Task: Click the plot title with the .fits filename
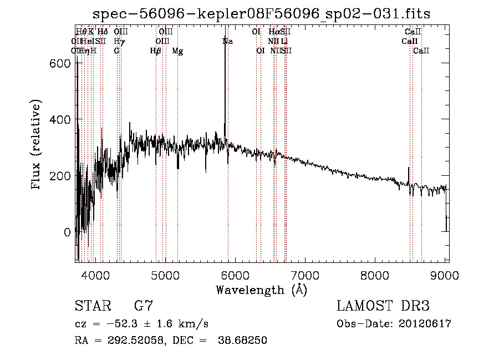click(x=261, y=13)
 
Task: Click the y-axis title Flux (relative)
click(x=37, y=145)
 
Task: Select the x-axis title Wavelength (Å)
click(x=261, y=290)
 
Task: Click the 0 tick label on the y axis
click(x=67, y=232)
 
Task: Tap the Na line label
click(x=227, y=41)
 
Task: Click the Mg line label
click(x=177, y=51)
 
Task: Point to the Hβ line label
click(x=156, y=51)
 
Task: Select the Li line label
click(x=284, y=41)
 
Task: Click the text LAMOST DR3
click(x=383, y=306)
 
